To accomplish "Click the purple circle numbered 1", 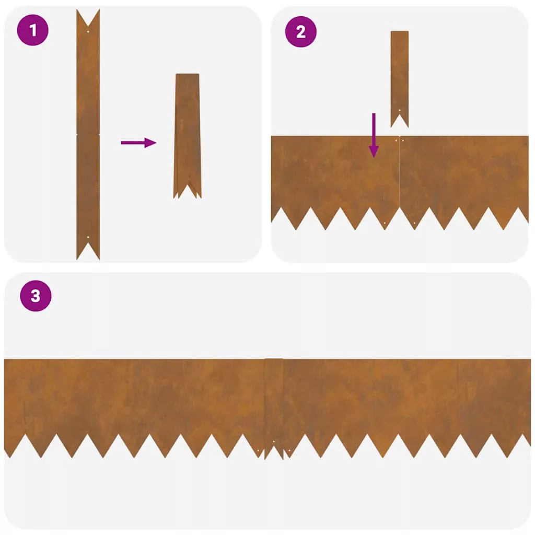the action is [x=33, y=30].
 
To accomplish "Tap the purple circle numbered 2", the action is [x=300, y=32].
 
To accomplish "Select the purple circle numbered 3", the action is [x=36, y=296].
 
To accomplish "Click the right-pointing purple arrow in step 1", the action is [x=138, y=143].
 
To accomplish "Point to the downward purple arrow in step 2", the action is [x=374, y=135].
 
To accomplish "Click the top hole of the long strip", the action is [x=88, y=32].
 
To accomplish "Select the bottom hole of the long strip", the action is [x=88, y=237].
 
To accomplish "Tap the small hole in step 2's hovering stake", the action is [x=400, y=110].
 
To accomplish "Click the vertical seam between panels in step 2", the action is [x=400, y=171].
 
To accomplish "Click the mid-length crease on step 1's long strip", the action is [x=88, y=134].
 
